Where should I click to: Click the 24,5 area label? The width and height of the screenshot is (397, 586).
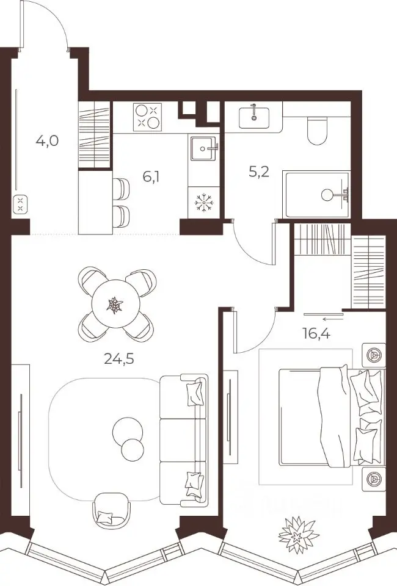click(x=119, y=359)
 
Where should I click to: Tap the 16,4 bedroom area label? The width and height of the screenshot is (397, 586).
click(x=316, y=333)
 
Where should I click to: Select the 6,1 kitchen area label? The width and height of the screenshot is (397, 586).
click(x=151, y=176)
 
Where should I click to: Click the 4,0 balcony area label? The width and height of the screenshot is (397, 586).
click(x=47, y=141)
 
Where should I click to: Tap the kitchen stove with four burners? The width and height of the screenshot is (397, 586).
click(x=147, y=117)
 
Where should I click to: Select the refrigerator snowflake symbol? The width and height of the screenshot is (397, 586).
click(x=204, y=204)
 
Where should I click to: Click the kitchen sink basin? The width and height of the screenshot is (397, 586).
click(x=203, y=148)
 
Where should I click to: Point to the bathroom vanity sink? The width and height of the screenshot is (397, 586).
click(x=254, y=117)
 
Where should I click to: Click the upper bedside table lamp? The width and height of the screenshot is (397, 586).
click(x=373, y=355)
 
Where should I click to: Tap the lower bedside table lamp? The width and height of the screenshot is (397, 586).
click(x=373, y=479)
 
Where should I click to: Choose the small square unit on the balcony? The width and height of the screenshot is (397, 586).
click(x=21, y=204)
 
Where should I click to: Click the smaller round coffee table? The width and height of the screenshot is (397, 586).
click(x=133, y=450)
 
